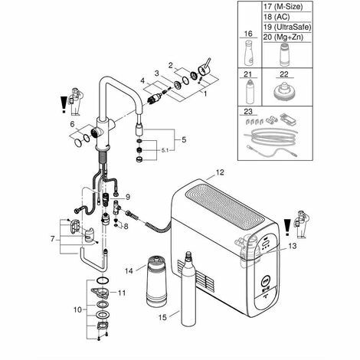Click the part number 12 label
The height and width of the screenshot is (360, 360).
[x=220, y=172]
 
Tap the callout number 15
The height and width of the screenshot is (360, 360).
[x=162, y=317]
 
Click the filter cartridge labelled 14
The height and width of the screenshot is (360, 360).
[x=157, y=281]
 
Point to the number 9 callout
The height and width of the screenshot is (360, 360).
[x=128, y=197]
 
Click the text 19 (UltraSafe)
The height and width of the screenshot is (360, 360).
[x=287, y=27]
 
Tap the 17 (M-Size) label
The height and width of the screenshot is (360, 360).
[x=283, y=7]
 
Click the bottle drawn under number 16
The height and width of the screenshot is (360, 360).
[x=249, y=53]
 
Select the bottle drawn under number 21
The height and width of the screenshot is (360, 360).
[x=250, y=91]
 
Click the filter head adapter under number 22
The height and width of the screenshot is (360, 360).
[x=284, y=91]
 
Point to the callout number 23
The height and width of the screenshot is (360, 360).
[x=248, y=111]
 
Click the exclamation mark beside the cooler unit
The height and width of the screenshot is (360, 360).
[x=287, y=227]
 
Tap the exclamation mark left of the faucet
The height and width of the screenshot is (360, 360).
[x=64, y=105]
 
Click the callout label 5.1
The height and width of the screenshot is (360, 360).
[x=165, y=151]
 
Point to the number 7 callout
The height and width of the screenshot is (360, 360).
[x=53, y=239]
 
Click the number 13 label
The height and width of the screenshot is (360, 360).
[x=293, y=246]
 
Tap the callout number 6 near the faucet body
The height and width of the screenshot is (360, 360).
[x=72, y=124]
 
